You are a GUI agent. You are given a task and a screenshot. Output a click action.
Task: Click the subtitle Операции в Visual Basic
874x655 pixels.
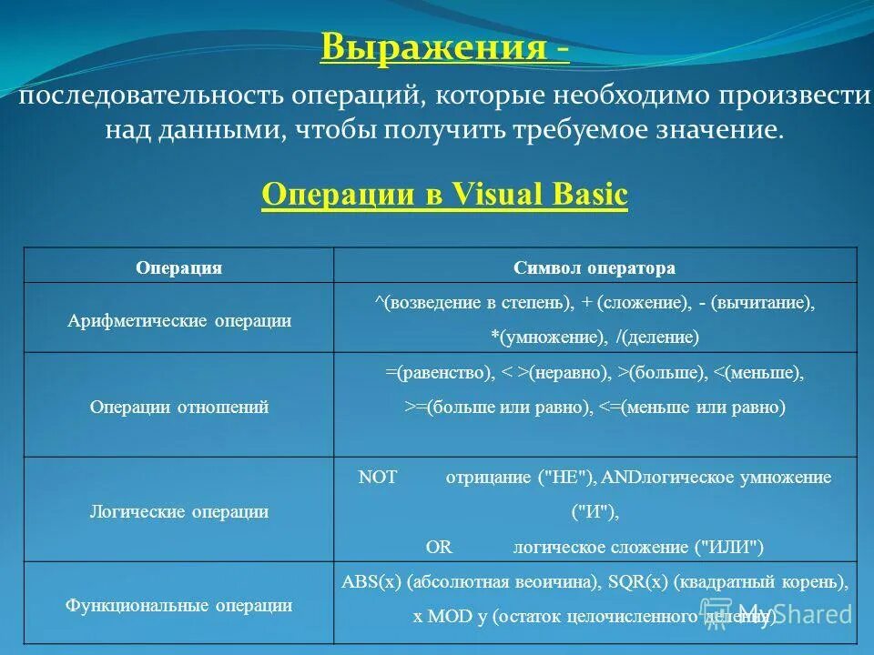[444, 195]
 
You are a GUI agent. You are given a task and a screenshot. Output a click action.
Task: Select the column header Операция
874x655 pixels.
[178, 268]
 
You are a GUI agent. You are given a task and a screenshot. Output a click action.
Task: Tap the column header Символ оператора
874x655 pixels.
[595, 268]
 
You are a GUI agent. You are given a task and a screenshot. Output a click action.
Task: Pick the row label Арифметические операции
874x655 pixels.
[179, 321]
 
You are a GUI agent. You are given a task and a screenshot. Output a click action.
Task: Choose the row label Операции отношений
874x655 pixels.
[179, 407]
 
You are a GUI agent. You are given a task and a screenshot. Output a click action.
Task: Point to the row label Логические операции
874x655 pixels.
[179, 511]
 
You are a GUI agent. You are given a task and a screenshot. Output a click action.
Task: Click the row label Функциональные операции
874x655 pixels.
[179, 605]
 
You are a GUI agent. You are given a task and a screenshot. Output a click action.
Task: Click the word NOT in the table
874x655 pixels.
[378, 478]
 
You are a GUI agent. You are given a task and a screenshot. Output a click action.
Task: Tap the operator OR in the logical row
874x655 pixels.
[439, 547]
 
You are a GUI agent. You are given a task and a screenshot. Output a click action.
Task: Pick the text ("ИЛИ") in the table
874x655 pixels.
[730, 547]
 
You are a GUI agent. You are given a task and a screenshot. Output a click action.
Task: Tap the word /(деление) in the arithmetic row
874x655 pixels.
[657, 338]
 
